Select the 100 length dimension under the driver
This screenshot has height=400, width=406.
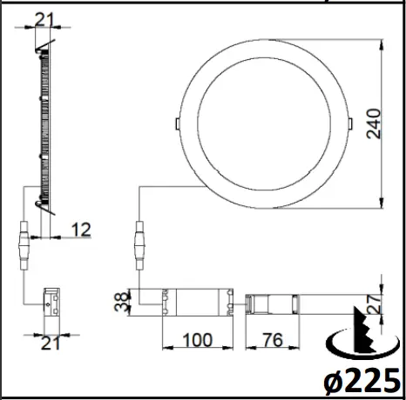(x=200, y=339)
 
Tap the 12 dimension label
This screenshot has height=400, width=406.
(x=81, y=230)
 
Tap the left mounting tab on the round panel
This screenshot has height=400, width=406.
(x=179, y=123)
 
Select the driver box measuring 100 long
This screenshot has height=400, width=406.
(x=200, y=301)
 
